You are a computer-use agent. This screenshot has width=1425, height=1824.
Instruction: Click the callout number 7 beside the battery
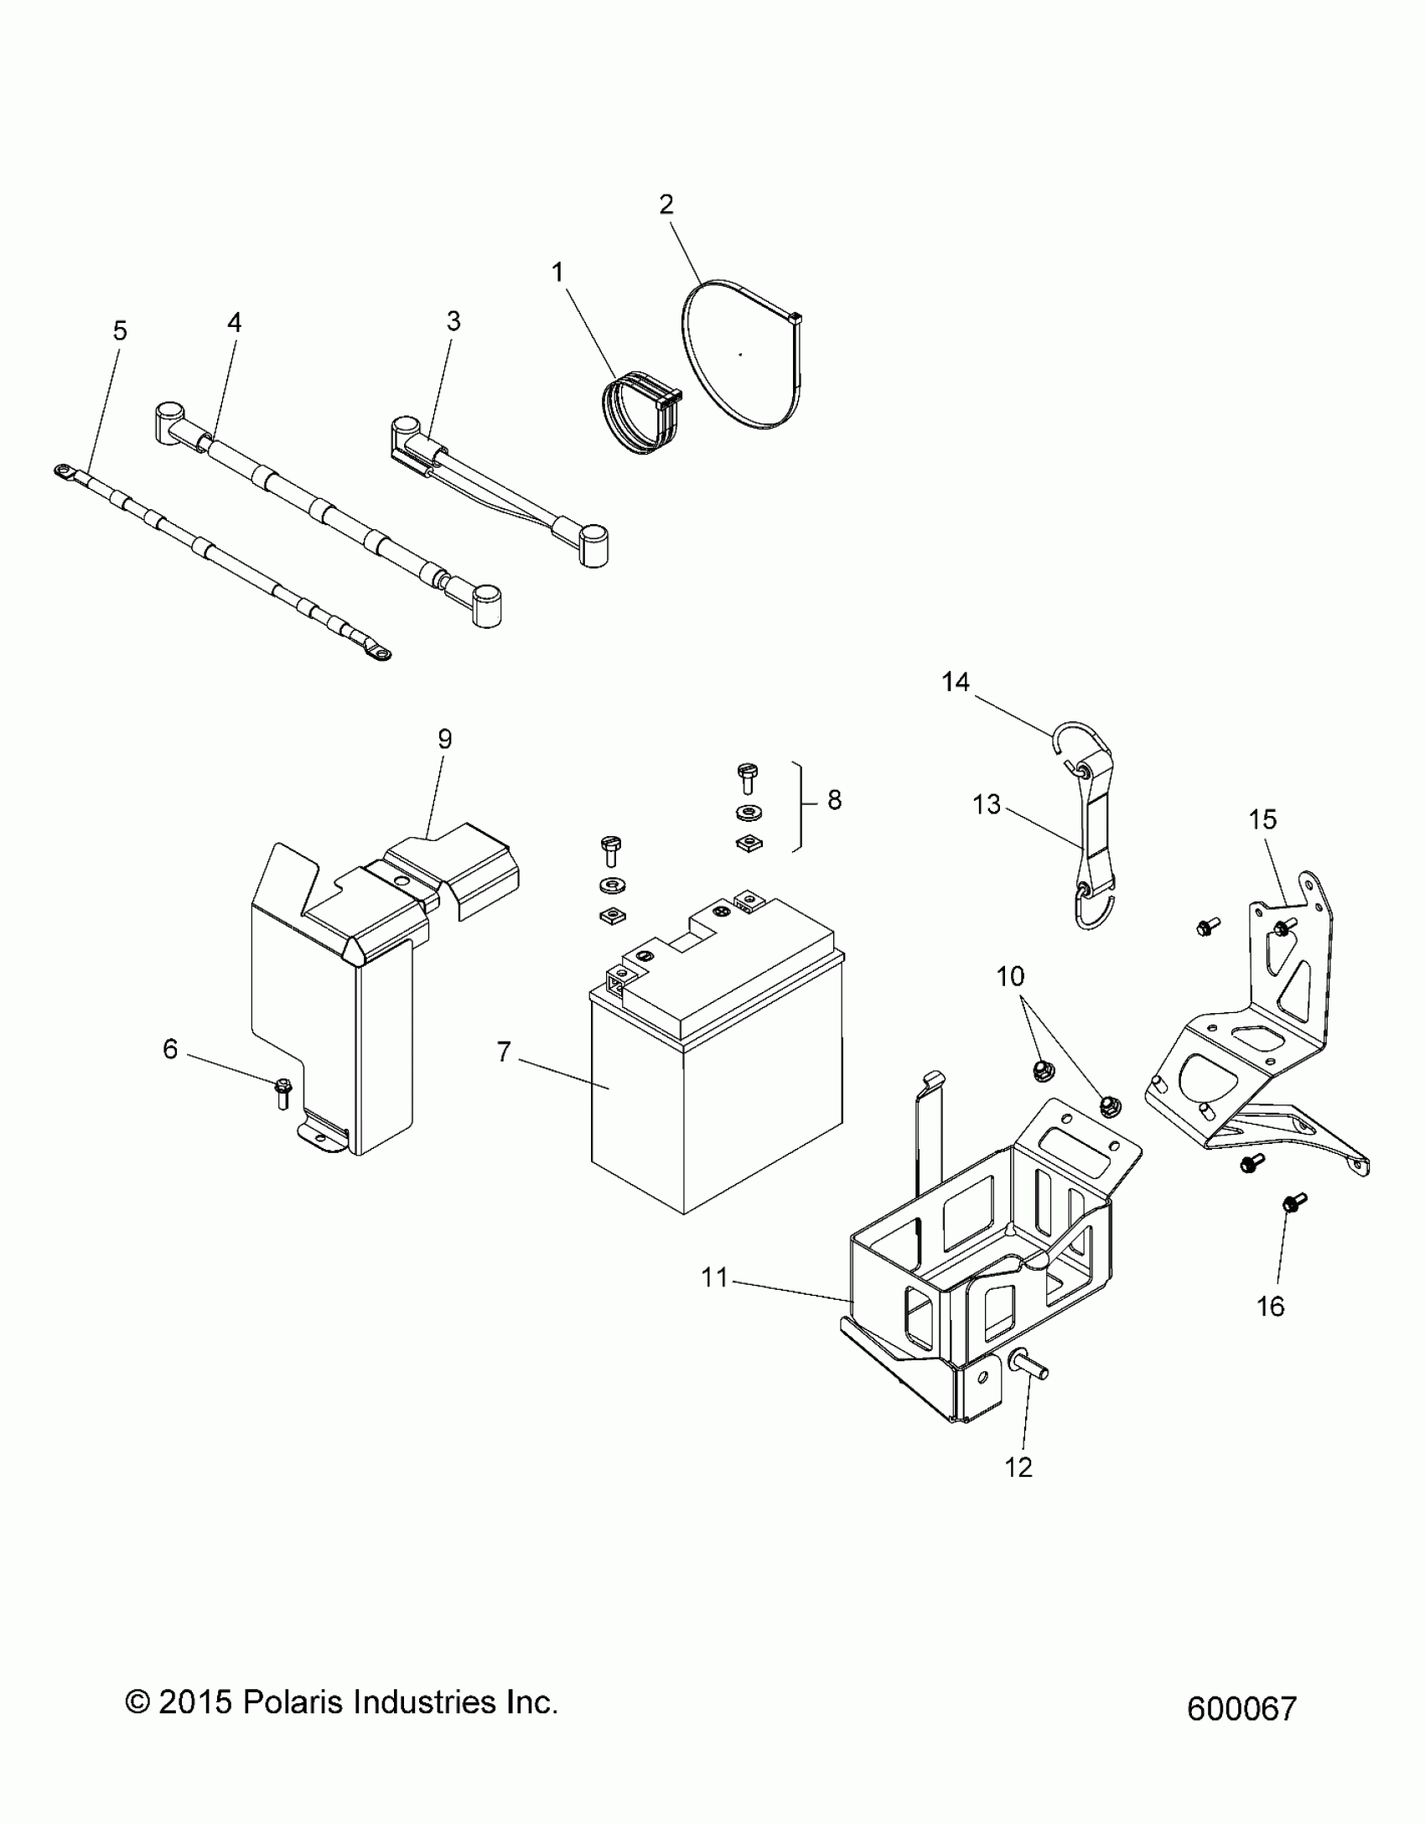pyautogui.click(x=503, y=1051)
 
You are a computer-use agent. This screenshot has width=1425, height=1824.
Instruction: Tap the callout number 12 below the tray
pyautogui.click(x=1018, y=1467)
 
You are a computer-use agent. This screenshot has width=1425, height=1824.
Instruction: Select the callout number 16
pyautogui.click(x=1271, y=1306)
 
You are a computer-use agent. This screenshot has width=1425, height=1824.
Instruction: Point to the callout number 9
pyautogui.click(x=444, y=739)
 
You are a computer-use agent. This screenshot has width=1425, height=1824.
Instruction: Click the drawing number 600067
pyautogui.click(x=1241, y=1708)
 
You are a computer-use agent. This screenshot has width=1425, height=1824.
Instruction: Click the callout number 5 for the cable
pyautogui.click(x=120, y=331)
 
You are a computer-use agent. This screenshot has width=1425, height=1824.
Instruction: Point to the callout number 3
pyautogui.click(x=453, y=321)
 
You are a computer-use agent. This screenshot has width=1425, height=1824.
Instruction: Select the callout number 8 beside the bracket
pyautogui.click(x=834, y=800)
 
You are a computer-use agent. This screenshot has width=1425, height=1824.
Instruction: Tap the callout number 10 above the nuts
pyautogui.click(x=1011, y=976)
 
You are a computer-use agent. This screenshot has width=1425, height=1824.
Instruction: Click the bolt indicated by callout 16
pyautogui.click(x=1292, y=1229)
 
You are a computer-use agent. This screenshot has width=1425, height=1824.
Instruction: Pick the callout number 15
pyautogui.click(x=1262, y=819)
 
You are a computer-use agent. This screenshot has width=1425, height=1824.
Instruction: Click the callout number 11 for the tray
pyautogui.click(x=714, y=1278)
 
